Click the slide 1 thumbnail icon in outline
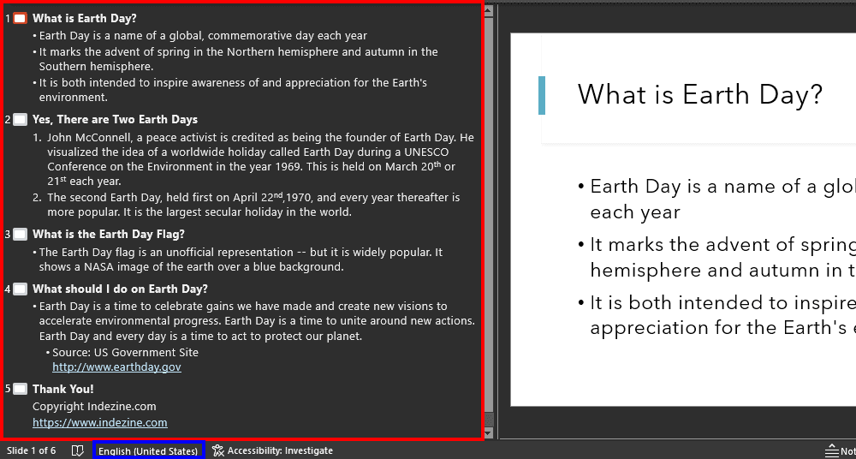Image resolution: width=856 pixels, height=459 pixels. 20,18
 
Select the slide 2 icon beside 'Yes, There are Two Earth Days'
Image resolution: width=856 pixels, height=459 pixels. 20,120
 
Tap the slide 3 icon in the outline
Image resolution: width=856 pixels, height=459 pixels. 20,235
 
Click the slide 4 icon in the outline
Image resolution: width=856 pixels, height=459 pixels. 20,289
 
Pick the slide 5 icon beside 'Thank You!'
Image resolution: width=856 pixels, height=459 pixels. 20,390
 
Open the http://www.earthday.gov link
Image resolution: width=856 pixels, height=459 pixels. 116,367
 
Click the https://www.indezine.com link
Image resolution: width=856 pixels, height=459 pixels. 100,422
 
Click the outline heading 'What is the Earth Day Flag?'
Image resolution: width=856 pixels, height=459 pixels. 109,234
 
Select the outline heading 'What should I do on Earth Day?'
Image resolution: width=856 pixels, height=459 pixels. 120,289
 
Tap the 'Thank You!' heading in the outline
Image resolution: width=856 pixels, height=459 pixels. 63,389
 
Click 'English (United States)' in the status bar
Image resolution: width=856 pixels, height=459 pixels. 148,450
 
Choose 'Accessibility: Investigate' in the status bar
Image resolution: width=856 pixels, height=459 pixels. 273,450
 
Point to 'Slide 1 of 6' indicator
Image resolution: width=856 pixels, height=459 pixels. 32,450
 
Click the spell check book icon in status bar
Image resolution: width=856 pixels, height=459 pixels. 77,450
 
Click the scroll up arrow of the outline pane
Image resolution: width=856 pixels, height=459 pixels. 489,11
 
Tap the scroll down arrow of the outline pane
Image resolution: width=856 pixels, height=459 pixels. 489,433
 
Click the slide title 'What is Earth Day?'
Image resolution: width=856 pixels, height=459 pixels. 699,94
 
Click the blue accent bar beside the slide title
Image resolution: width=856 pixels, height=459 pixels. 541,94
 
